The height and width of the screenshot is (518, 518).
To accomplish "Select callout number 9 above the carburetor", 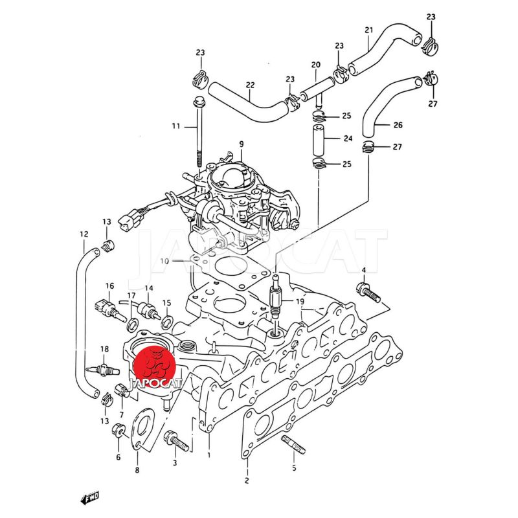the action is click(242, 144).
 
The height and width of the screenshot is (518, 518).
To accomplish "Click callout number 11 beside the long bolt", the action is click(176, 126).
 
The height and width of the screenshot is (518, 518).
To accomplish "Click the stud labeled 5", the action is click(293, 445).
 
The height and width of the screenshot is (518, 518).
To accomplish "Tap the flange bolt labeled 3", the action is click(176, 441).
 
